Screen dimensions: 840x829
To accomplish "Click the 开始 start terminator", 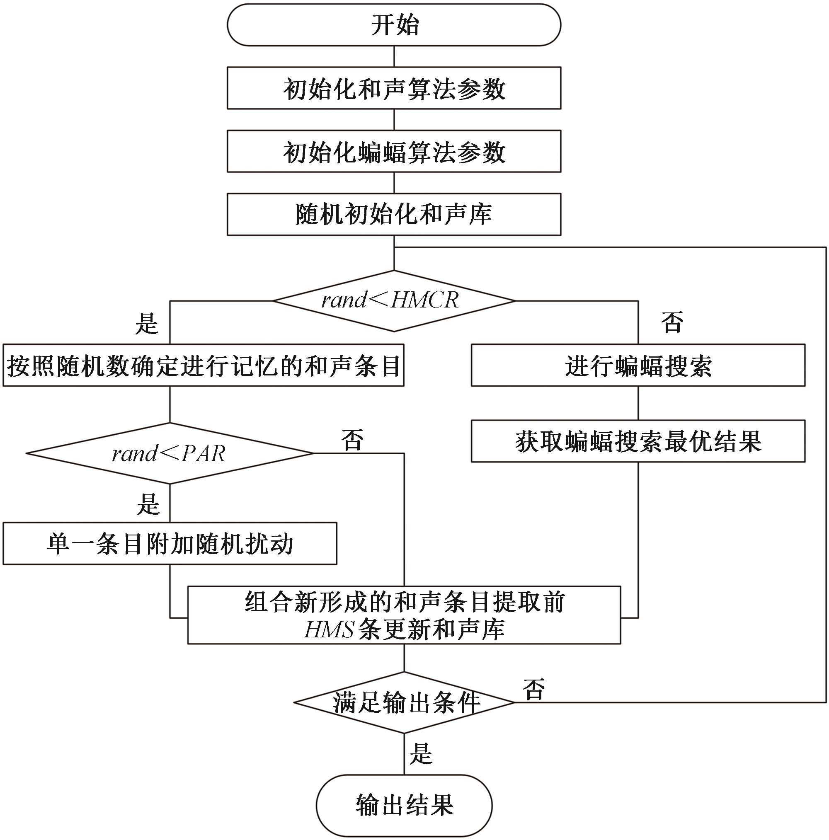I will coord(394,25).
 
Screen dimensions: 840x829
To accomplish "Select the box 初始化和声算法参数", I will coord(394,88).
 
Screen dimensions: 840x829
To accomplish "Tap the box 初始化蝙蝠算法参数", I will coord(394,151).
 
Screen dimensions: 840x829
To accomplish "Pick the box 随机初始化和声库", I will coord(394,214).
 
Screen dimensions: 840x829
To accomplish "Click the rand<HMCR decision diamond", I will coord(394,301).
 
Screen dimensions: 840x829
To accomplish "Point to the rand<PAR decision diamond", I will coord(170,453).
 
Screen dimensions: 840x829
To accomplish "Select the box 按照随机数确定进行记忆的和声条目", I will coord(204,366).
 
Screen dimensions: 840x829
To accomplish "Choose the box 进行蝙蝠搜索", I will coord(638,366).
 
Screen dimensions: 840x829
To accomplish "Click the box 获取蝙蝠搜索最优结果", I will coord(638,441).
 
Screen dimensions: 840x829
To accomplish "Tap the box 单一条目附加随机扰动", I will coord(170,543).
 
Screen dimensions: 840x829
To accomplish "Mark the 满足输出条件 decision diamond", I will coord(405,702).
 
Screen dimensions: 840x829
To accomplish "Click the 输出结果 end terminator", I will coord(405,805).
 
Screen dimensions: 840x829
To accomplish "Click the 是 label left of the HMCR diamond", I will coord(147,324).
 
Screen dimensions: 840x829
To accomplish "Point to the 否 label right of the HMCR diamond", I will coord(672,322).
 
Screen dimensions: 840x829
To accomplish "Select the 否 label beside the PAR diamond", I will coord(352,440).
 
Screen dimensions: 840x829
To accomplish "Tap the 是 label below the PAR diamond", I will coord(148,504).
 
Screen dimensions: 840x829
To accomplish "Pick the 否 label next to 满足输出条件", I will coord(534,690).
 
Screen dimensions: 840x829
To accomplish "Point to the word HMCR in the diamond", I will coord(425,300).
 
